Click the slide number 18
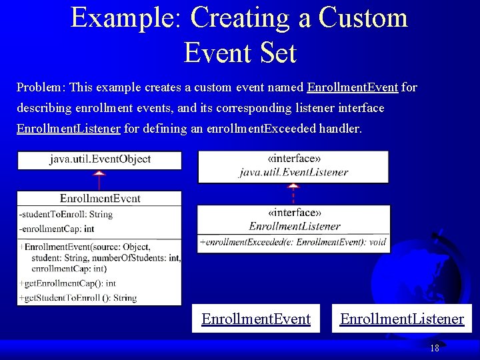click(434, 348)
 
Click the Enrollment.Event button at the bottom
click(256, 319)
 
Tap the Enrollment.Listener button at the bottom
click(401, 319)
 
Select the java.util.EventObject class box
click(100, 159)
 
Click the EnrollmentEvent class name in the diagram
click(100, 198)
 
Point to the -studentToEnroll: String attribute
click(66, 214)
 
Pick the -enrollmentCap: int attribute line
click(60, 229)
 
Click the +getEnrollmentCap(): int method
click(67, 283)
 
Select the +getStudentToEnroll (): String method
click(78, 298)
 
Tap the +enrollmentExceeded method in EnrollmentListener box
click(293, 242)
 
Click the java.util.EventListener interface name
click(293, 172)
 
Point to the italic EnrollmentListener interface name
click(294, 226)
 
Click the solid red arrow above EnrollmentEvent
click(99, 180)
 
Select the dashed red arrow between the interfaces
click(293, 193)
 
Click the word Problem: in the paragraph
click(41, 87)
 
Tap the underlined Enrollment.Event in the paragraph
click(353, 87)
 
